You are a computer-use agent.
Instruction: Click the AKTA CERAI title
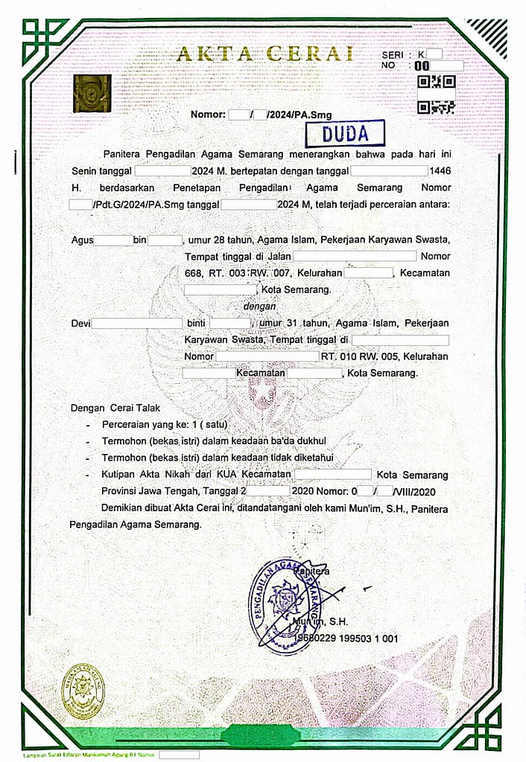pyautogui.click(x=264, y=54)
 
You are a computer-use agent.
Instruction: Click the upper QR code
pyautogui.click(x=437, y=81)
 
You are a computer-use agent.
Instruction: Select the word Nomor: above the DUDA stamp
pyautogui.click(x=208, y=115)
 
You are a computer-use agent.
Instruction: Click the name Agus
pyautogui.click(x=82, y=240)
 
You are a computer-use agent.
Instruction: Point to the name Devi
pyautogui.click(x=80, y=323)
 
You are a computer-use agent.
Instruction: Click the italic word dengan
pyautogui.click(x=260, y=306)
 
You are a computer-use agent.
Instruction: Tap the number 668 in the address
pyautogui.click(x=194, y=273)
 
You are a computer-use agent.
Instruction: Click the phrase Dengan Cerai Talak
pyautogui.click(x=115, y=408)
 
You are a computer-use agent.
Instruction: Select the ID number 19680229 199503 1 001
pyautogui.click(x=346, y=638)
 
